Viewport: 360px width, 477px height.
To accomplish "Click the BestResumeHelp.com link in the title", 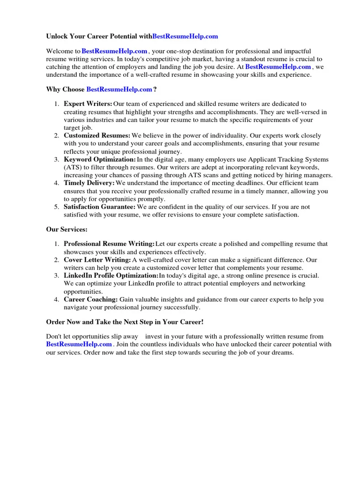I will [x=185, y=36].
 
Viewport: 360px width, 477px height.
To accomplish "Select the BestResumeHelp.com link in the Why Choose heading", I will [x=119, y=89].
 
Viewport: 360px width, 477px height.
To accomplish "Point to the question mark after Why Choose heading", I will [x=155, y=89].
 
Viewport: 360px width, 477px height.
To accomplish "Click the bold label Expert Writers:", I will [x=88, y=104].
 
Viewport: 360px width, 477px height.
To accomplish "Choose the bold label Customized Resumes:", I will [x=97, y=136].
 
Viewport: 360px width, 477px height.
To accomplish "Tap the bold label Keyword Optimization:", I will [x=100, y=159].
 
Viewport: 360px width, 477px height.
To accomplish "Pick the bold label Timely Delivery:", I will [x=89, y=183].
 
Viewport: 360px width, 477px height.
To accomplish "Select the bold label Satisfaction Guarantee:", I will [x=100, y=207].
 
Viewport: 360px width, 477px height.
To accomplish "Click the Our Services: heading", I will [x=67, y=229].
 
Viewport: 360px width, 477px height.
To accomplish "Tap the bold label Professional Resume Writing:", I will [x=109, y=244].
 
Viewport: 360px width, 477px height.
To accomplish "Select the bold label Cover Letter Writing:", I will [x=97, y=260].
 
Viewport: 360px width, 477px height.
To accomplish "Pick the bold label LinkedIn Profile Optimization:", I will [x=111, y=276].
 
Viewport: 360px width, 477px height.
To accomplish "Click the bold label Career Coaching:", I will [x=90, y=300].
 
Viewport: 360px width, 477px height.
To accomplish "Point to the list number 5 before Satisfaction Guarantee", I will [x=56, y=207].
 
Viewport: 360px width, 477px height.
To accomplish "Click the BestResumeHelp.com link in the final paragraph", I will [x=79, y=344].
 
